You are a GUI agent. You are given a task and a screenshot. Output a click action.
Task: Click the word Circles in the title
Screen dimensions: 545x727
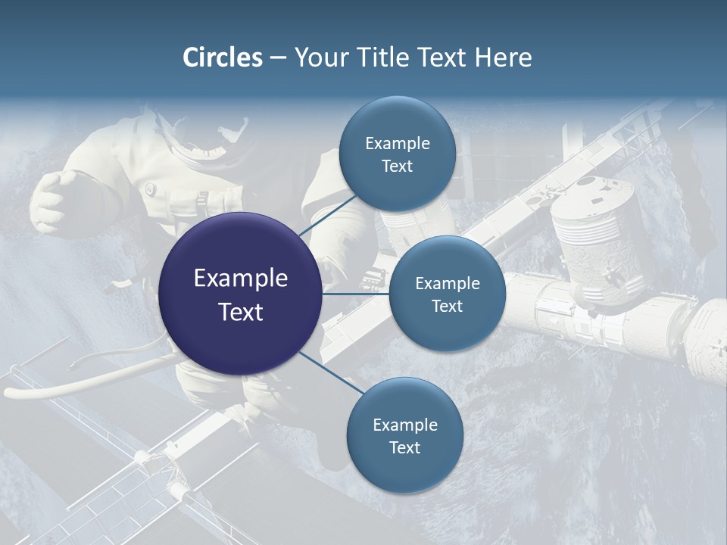[222, 58]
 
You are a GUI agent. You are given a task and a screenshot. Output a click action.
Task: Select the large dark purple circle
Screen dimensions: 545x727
[241, 294]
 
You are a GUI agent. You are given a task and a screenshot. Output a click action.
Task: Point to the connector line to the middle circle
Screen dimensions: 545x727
[356, 294]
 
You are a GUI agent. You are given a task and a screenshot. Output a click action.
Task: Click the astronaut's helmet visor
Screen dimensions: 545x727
[227, 136]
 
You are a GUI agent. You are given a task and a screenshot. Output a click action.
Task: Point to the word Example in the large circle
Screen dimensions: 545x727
[241, 279]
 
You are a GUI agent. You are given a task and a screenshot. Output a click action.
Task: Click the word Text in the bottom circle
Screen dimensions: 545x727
[404, 447]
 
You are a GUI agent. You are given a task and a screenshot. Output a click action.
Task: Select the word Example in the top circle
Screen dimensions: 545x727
[397, 144]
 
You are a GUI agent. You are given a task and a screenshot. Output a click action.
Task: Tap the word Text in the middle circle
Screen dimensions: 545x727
[447, 306]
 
